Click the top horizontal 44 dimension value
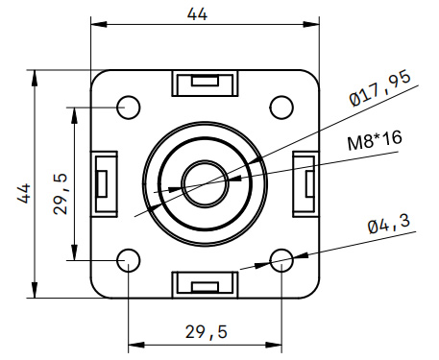(197, 14)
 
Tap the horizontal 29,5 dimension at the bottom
(206, 331)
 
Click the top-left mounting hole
(129, 106)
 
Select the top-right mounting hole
(281, 106)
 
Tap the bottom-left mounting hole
(129, 259)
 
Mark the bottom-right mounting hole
(281, 259)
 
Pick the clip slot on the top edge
(205, 84)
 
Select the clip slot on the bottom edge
(205, 284)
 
